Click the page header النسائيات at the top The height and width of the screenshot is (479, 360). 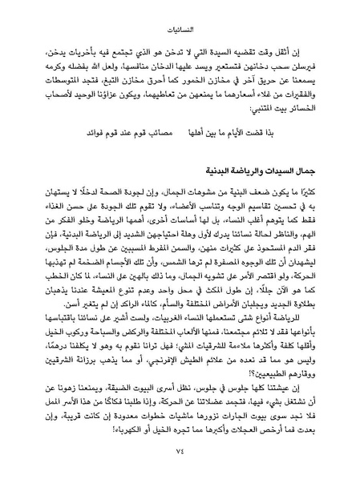180,14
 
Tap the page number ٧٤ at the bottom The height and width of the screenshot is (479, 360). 180,458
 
